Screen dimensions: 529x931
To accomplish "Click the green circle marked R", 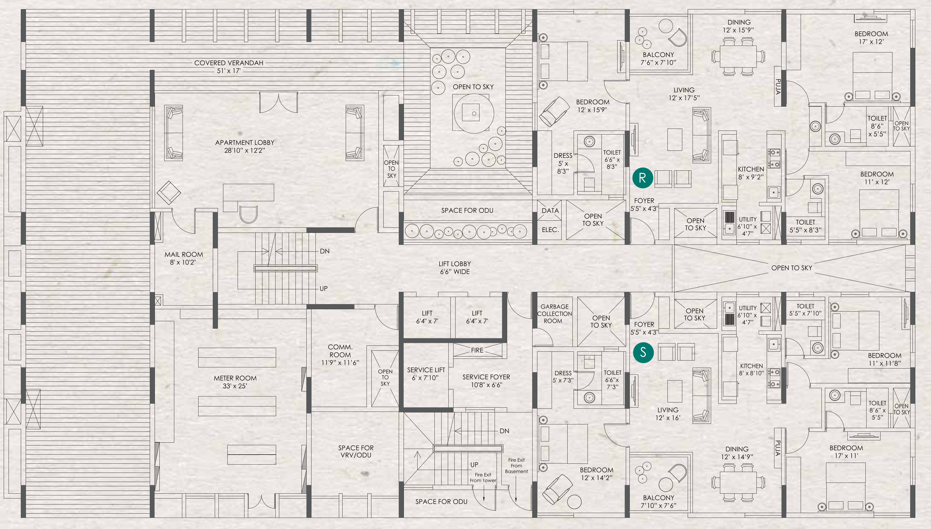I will coord(642,178).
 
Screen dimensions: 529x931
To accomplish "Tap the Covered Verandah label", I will coord(229,66).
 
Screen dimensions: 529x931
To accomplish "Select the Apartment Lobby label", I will coord(245,146).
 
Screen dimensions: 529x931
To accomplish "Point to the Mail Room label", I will coord(184,258).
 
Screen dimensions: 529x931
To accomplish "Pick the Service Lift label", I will coord(426,373).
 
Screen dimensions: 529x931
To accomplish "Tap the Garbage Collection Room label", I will coord(554,314).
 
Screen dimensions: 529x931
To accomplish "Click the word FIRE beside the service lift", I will coord(477,350).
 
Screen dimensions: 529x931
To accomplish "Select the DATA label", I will coord(550,211).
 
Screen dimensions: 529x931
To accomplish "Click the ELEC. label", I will coord(550,230).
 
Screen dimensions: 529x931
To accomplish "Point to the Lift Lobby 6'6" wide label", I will coord(455,267).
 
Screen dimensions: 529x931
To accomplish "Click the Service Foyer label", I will coord(486,381).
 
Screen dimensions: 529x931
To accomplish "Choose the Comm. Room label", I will coord(340,355).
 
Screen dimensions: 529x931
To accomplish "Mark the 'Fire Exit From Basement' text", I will coord(516,465).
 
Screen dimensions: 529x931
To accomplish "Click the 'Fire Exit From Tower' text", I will coord(483,477).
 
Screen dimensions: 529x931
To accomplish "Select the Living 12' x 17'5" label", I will coord(684,94).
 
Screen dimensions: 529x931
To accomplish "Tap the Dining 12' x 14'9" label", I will coord(737,453).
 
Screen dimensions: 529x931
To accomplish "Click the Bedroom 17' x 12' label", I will coord(871,37).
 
